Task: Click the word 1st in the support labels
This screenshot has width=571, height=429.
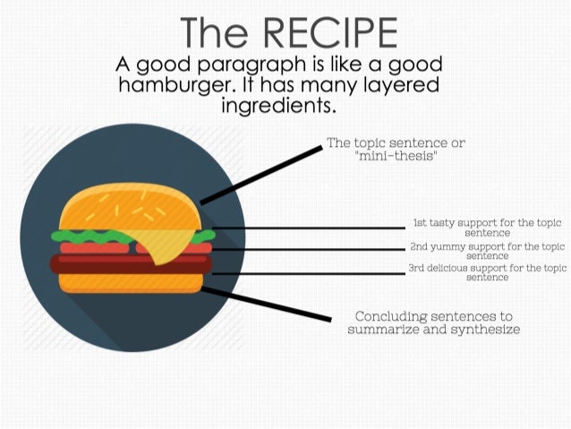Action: pyautogui.click(x=419, y=222)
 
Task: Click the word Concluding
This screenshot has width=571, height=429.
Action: pyautogui.click(x=395, y=316)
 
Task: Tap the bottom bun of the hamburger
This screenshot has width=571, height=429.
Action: pyautogui.click(x=130, y=282)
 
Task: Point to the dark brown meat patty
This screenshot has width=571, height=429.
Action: pyautogui.click(x=125, y=264)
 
